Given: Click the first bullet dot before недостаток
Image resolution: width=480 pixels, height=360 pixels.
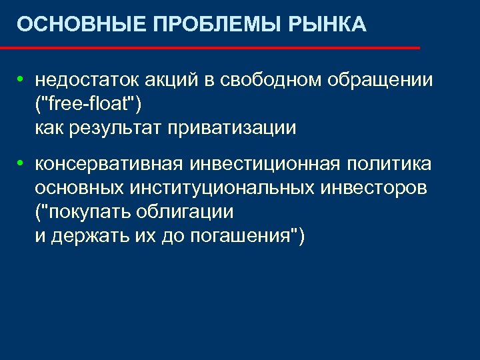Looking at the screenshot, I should (21, 80).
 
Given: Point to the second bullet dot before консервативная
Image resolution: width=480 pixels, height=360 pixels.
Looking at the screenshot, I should (21, 163).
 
